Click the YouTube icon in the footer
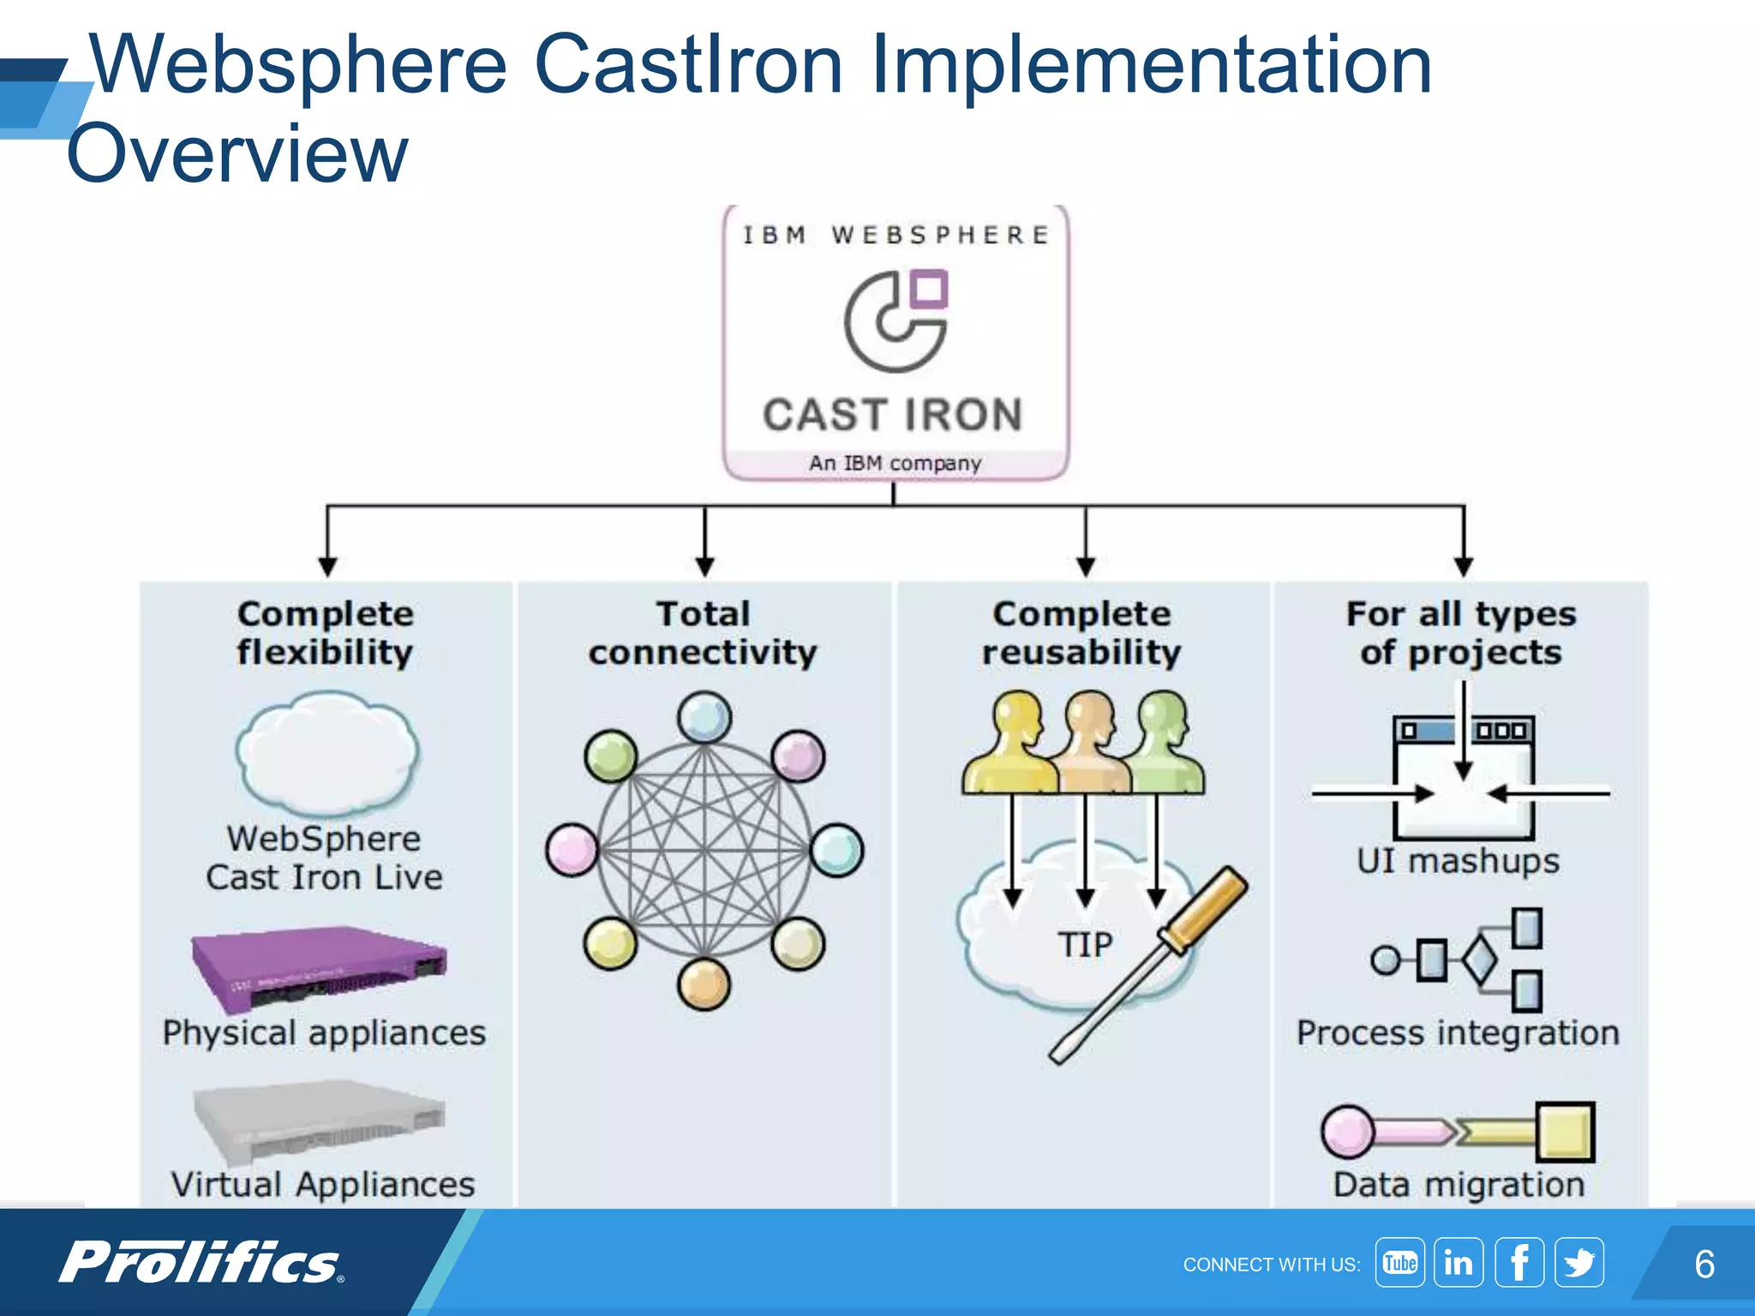coord(1399,1263)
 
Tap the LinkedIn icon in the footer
coord(1459,1263)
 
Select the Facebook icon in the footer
coord(1519,1263)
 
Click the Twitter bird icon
coord(1578,1263)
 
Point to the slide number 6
coord(1704,1265)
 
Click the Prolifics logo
coord(201,1262)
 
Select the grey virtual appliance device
coord(319,1121)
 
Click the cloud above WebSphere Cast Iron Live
coord(326,754)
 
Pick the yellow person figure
coord(1013,745)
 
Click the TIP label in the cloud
coord(1085,945)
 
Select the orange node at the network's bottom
coord(704,984)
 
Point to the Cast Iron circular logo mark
coord(895,321)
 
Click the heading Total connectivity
coord(703,633)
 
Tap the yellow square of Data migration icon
coord(1565,1132)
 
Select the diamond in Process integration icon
coord(1479,960)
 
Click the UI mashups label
coord(1458,861)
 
